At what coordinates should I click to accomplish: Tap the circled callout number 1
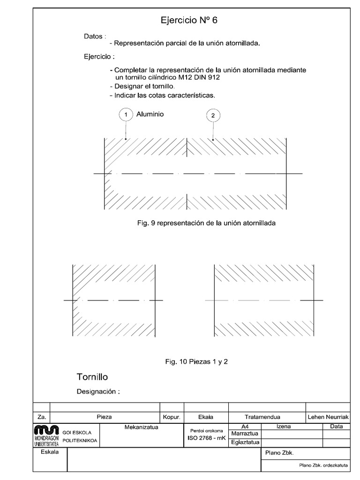[x=126, y=115]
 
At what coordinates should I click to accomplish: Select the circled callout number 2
[x=213, y=115]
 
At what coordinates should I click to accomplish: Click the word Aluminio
[x=150, y=114]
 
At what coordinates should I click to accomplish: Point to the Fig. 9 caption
[x=206, y=223]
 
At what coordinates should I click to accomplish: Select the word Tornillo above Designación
[x=92, y=377]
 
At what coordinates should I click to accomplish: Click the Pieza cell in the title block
[x=104, y=416]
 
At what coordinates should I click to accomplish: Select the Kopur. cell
[x=172, y=416]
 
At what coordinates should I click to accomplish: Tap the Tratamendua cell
[x=262, y=416]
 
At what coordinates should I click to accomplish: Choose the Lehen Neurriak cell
[x=328, y=416]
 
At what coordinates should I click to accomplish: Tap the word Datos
[x=93, y=37]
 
